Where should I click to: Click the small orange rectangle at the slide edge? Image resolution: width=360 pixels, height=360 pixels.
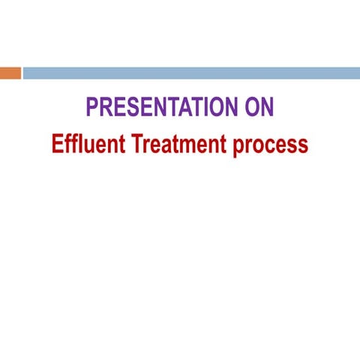coord(10,73)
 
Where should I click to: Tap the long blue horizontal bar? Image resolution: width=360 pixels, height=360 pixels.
coord(191,73)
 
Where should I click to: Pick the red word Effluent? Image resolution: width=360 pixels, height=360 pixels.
coord(88,143)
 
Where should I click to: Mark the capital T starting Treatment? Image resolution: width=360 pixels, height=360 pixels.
coord(137,143)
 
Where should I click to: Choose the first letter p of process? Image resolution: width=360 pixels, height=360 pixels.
coord(238,146)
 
